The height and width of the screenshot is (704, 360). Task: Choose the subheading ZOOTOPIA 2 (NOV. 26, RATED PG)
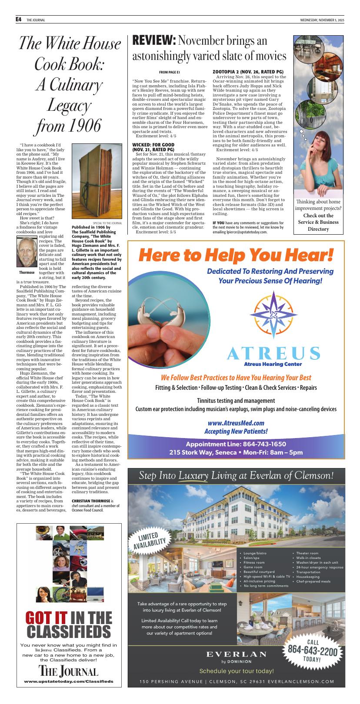pos(248,71)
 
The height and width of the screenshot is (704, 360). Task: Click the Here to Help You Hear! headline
pos(236,255)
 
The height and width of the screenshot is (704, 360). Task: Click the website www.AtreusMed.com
pos(236,422)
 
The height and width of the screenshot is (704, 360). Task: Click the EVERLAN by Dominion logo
pos(237,656)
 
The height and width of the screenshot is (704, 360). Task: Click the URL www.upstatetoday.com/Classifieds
pos(69,681)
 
